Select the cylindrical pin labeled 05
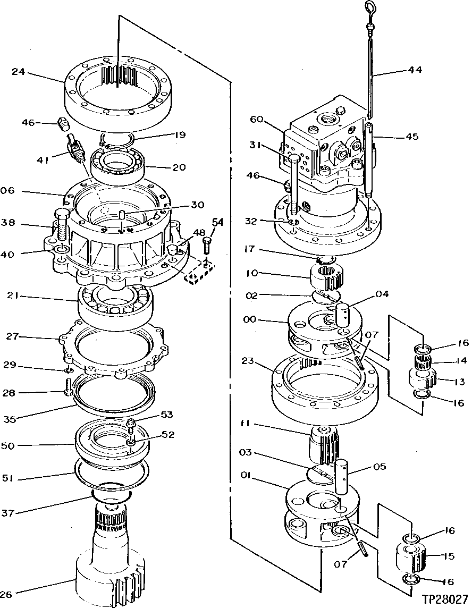(x=340, y=475)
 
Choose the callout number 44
(x=416, y=70)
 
